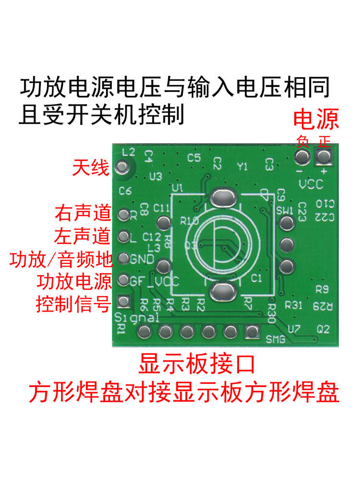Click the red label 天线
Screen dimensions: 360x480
(91, 168)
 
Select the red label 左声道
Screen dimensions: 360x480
(83, 236)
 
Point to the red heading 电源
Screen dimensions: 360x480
(316, 119)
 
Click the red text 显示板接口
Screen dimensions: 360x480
(196, 363)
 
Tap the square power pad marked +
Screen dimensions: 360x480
(324, 157)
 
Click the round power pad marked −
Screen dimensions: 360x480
(302, 157)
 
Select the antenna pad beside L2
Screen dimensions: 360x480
(122, 167)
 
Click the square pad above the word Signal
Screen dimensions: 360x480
(124, 301)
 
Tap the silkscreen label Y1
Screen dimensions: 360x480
(242, 167)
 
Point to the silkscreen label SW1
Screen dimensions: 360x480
(285, 210)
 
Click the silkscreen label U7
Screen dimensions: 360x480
(294, 329)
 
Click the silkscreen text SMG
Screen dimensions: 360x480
(276, 340)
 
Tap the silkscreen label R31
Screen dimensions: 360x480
(293, 305)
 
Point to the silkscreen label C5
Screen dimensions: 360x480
(194, 157)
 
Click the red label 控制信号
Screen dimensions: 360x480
(73, 304)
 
